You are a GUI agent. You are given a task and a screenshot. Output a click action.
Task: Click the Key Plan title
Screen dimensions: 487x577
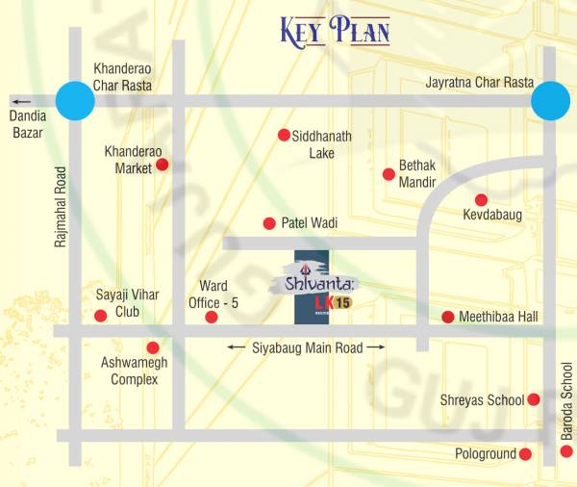point(335,31)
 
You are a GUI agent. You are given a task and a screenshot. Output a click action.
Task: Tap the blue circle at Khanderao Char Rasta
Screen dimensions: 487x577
point(74,100)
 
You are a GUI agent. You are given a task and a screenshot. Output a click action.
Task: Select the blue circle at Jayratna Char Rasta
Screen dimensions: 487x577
point(550,100)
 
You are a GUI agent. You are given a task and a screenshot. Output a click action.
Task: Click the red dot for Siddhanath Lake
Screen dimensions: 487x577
point(284,135)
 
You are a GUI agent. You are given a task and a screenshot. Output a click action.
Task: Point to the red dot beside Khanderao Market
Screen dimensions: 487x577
point(163,165)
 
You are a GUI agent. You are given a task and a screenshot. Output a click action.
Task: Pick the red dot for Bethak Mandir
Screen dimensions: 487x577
point(389,174)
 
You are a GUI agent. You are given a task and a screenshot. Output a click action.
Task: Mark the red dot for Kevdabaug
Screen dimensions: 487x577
point(481,200)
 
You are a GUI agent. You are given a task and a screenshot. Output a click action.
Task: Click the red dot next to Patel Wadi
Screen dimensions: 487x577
point(269,222)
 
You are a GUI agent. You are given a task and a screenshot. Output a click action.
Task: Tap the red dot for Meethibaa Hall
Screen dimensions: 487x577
point(447,317)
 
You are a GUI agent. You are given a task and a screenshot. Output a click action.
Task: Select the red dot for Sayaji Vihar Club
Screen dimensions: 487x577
point(100,316)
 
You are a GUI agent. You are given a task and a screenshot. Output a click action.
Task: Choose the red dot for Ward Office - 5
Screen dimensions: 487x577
point(212,317)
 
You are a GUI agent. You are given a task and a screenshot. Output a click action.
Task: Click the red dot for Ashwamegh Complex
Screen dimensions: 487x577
point(151,347)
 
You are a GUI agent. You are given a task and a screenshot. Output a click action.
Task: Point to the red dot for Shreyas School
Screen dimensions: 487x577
point(534,399)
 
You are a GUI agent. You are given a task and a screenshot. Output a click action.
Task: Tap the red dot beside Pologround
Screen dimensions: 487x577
point(525,453)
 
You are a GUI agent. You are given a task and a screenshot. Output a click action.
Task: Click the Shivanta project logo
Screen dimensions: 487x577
point(313,286)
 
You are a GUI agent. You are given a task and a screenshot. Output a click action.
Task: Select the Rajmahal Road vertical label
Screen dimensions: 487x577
point(61,207)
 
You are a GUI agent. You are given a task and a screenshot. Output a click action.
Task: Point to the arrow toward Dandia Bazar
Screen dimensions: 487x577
point(20,100)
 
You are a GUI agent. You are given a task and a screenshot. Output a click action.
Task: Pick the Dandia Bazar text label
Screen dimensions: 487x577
point(27,124)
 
